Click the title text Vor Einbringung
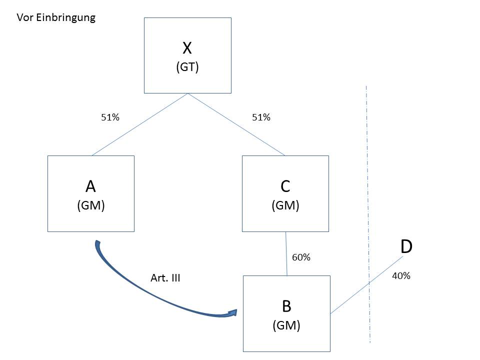[56, 18]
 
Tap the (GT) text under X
[187, 67]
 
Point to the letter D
[406, 246]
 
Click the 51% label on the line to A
[110, 117]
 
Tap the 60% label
[301, 257]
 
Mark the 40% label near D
[401, 275]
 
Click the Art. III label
[165, 278]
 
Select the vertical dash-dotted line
[368, 210]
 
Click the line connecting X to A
[140, 124]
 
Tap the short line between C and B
[286, 253]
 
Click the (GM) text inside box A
[90, 205]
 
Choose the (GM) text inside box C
[285, 205]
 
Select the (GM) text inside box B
[286, 325]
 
